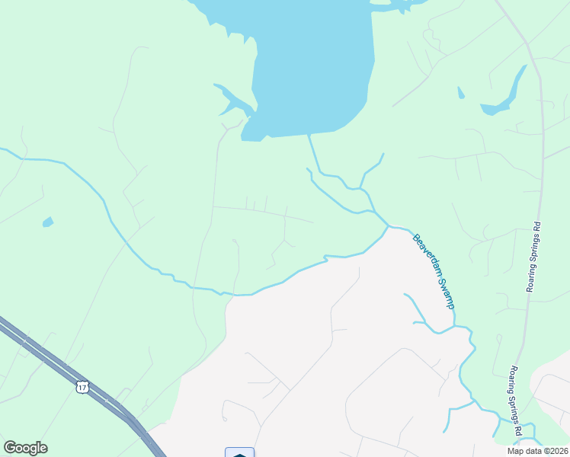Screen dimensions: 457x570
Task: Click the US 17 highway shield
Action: point(81,388)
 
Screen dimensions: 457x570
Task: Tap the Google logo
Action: point(25,448)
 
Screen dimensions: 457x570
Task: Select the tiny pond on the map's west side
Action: point(48,222)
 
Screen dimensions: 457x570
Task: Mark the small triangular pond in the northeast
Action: point(460,93)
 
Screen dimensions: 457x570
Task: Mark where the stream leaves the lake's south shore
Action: point(309,136)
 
